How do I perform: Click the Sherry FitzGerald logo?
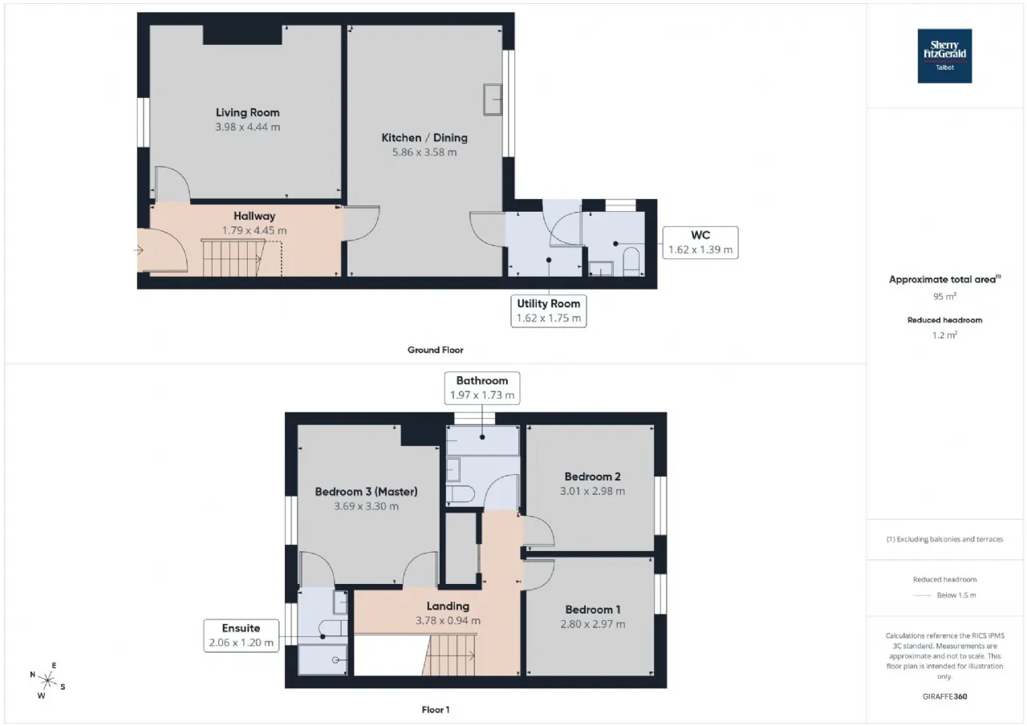(x=944, y=56)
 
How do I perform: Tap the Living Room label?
(x=248, y=112)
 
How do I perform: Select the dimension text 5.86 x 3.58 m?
(x=424, y=152)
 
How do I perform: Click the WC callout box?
(x=700, y=242)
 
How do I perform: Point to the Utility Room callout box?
(x=549, y=310)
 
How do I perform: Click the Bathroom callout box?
(x=482, y=387)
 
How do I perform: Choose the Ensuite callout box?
(x=242, y=635)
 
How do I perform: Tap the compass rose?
(x=47, y=680)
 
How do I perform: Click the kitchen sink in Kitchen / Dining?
(x=493, y=99)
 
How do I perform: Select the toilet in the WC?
(x=631, y=262)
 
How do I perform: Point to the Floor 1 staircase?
(x=449, y=655)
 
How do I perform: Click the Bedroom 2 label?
(x=592, y=477)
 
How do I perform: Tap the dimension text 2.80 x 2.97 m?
(x=593, y=624)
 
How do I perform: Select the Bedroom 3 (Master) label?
(x=367, y=492)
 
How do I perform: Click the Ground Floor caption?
(x=435, y=350)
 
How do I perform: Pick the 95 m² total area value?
(x=944, y=296)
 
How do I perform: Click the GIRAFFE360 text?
(x=944, y=696)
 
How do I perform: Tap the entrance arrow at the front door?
(x=138, y=250)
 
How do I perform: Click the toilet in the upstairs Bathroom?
(x=461, y=494)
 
